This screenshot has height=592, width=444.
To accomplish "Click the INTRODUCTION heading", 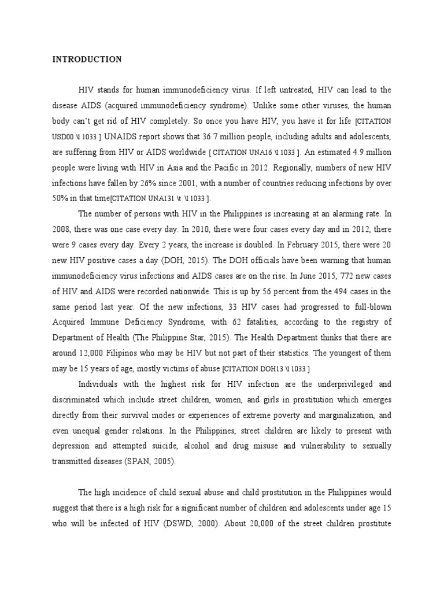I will [x=87, y=59].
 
